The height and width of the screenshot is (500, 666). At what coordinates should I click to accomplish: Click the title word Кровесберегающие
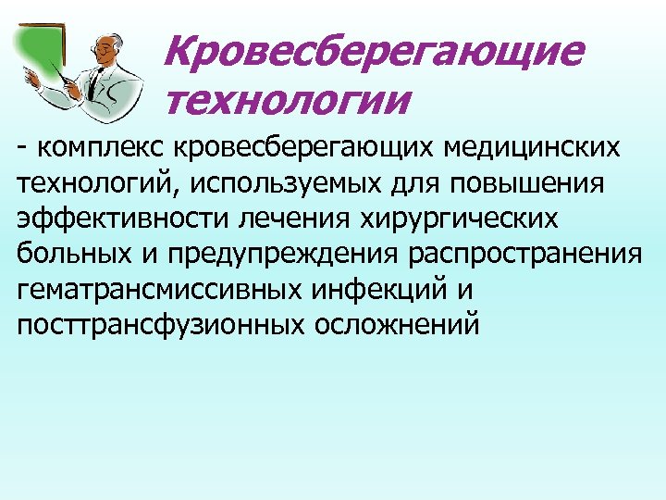pos(374,52)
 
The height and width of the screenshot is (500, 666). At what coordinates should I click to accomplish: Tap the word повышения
pos(526,182)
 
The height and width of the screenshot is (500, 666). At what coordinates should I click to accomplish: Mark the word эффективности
pos(126,219)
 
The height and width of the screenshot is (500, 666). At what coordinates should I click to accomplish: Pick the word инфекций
pos(374,290)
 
